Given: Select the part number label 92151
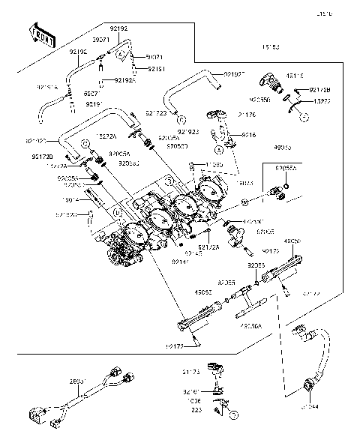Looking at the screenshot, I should [136, 68].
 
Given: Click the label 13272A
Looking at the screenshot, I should [104, 137].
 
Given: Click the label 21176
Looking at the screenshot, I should [226, 115].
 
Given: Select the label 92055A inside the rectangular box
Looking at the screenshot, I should [285, 169].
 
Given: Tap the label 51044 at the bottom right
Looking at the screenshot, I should [309, 406].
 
